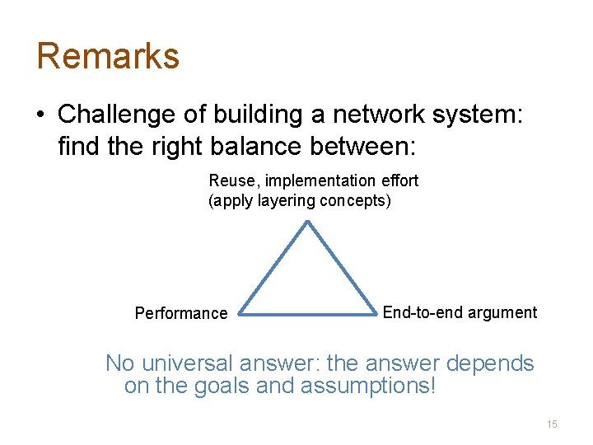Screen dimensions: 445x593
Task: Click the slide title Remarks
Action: (108, 56)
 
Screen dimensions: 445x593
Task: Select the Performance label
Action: (181, 313)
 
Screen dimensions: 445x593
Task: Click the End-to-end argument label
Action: (460, 312)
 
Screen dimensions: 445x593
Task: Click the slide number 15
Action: (552, 424)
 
